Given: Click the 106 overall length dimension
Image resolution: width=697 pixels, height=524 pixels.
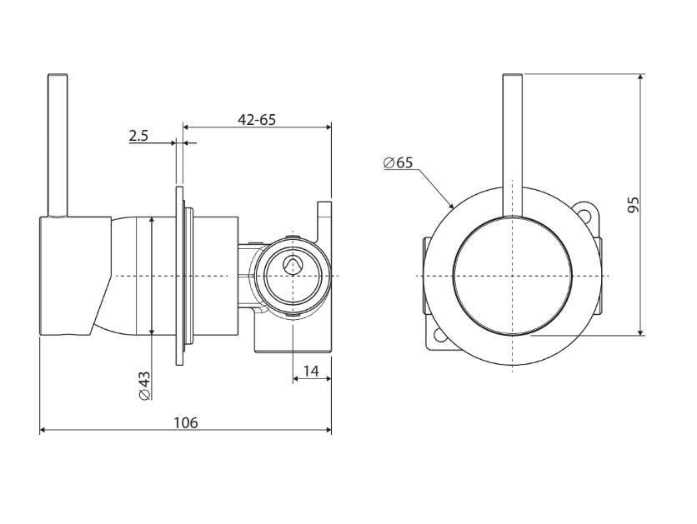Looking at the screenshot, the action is click(x=186, y=422).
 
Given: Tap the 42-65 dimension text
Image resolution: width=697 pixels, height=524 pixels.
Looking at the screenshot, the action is click(x=257, y=119).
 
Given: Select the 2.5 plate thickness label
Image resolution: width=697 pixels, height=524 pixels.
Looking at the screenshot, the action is click(x=138, y=136).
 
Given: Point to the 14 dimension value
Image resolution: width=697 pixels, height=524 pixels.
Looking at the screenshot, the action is click(x=311, y=371).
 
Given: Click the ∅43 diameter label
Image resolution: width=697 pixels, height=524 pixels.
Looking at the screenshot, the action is click(x=144, y=386).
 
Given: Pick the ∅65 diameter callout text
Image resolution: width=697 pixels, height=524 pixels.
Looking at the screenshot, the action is click(x=398, y=163).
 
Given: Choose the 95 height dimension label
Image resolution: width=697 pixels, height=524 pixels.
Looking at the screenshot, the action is click(x=633, y=205).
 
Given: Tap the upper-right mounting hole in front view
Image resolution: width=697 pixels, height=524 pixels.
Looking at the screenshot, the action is click(x=585, y=212).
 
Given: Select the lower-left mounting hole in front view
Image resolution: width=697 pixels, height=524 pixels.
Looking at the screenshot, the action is click(x=440, y=337).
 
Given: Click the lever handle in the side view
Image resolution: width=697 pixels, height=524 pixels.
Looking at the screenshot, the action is click(x=58, y=145).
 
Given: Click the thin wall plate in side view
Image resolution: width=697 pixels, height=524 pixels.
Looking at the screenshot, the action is click(x=179, y=277).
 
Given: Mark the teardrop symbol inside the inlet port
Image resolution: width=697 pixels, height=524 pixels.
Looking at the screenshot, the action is click(x=291, y=265).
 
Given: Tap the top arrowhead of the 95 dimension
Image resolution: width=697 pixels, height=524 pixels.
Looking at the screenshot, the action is click(x=640, y=78).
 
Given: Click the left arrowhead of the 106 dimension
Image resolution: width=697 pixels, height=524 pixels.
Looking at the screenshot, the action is click(x=44, y=430).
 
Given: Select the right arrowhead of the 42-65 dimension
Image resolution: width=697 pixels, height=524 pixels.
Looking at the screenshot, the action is click(x=327, y=127).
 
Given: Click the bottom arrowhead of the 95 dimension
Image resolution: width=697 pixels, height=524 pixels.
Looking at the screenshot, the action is click(x=640, y=331).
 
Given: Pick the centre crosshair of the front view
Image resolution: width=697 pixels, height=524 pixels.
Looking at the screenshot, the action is click(x=513, y=277).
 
